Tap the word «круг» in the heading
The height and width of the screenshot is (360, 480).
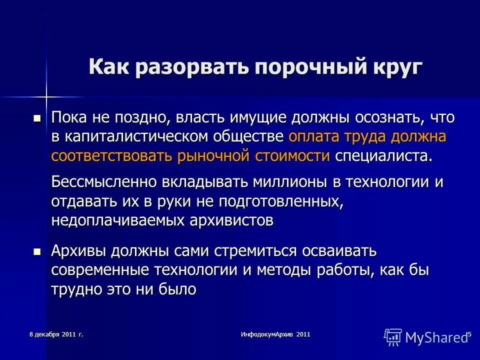point(395,67)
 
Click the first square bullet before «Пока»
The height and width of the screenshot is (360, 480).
point(37,118)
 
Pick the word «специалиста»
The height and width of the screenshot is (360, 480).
point(382,155)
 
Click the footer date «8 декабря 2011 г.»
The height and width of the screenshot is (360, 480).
point(56,334)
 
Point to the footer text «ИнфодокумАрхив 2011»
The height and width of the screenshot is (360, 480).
point(275,334)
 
